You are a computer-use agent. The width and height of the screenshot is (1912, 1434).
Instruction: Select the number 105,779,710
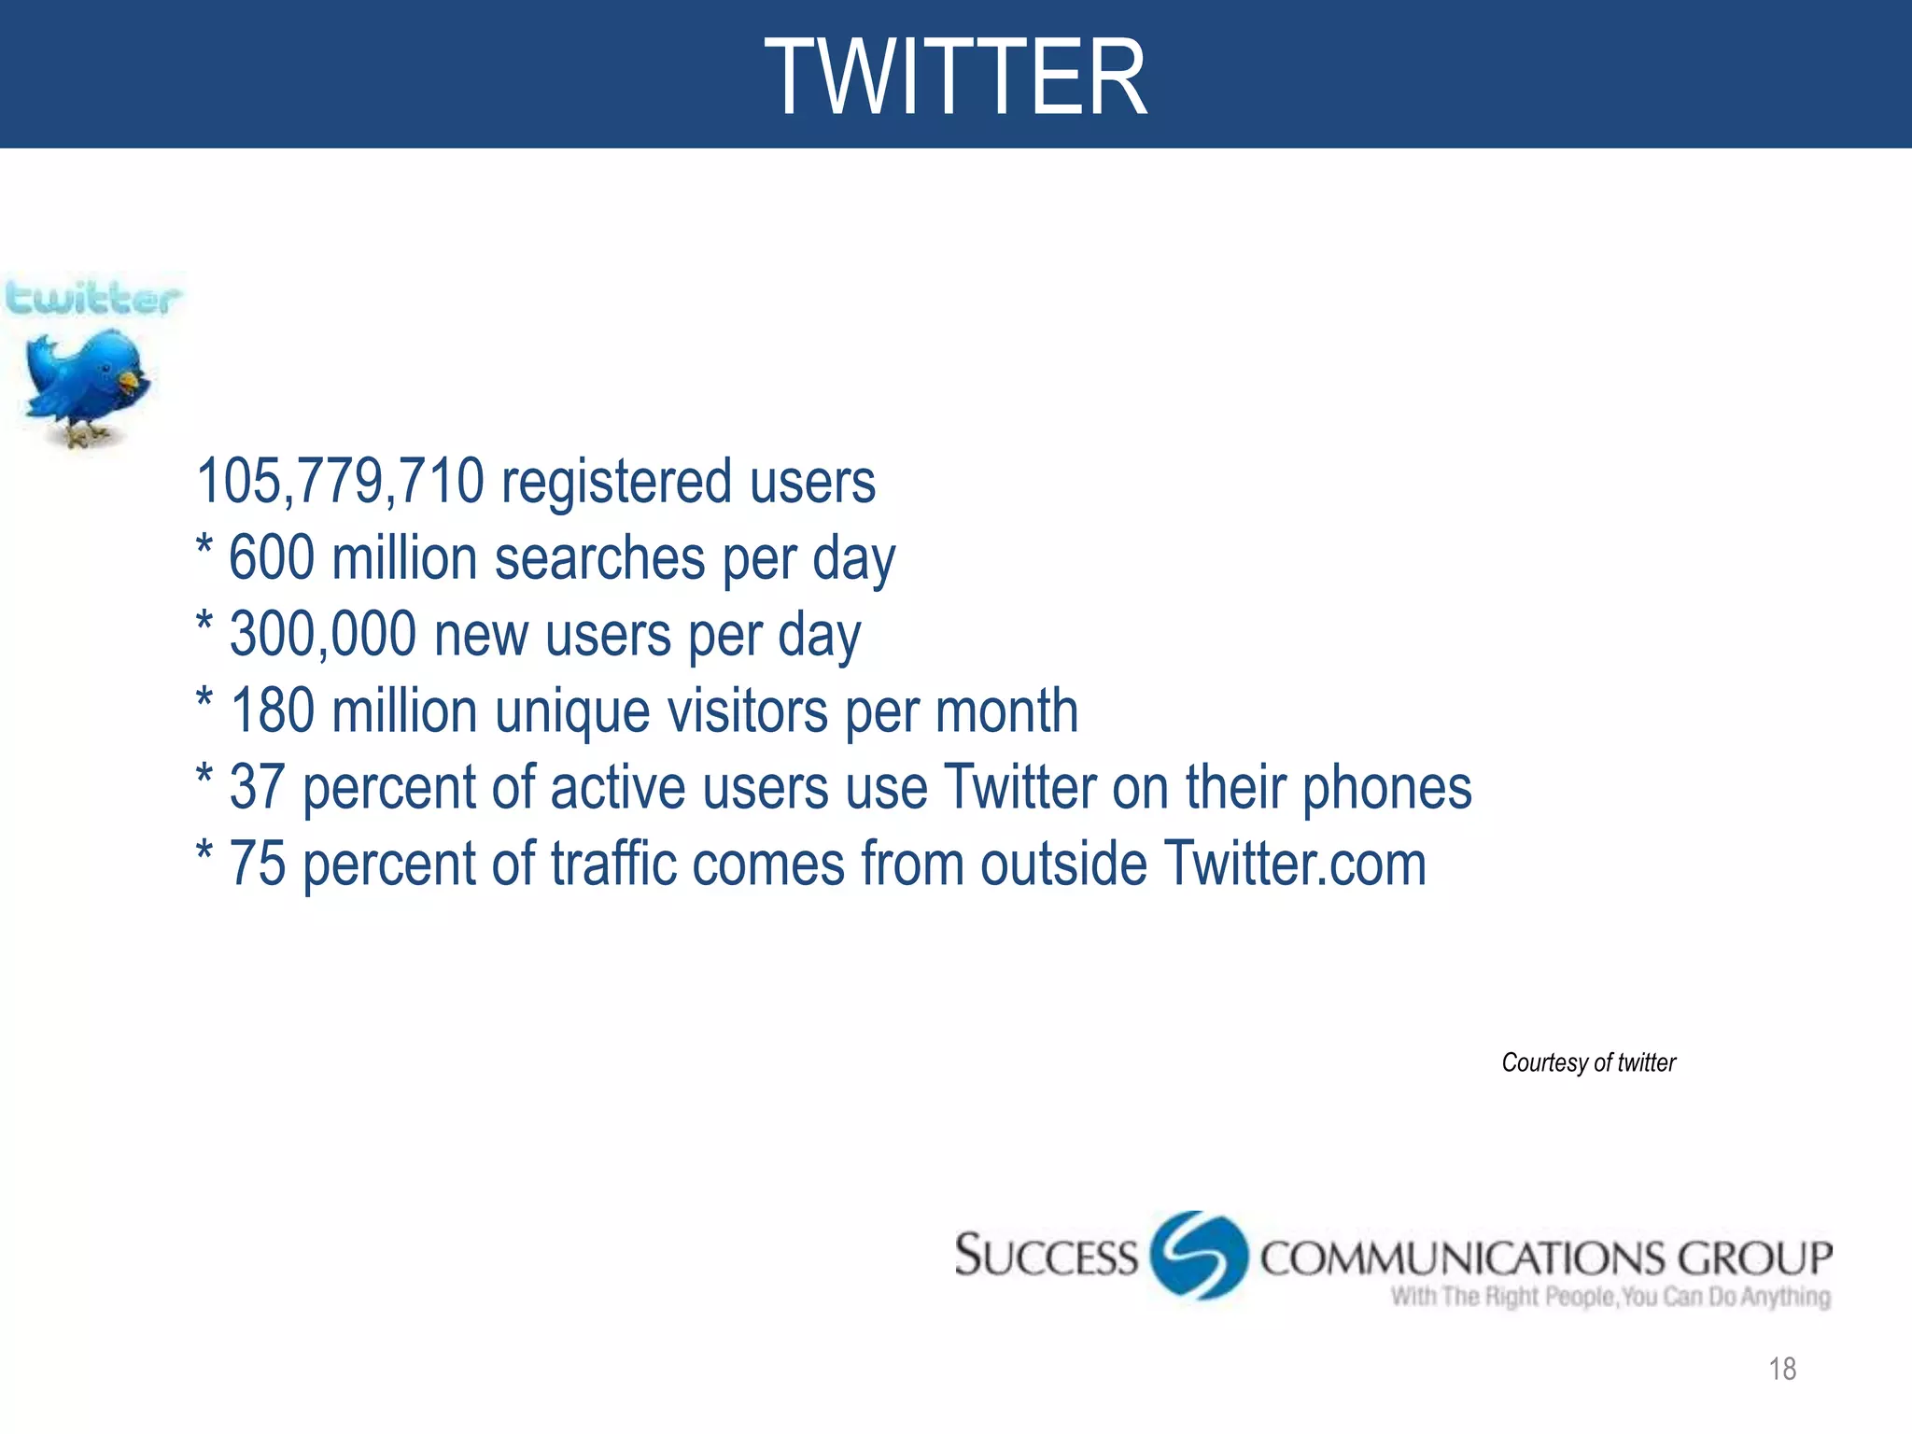341,482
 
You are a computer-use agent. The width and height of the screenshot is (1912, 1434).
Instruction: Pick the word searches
599,558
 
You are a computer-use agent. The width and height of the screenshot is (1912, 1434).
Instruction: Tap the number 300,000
323,635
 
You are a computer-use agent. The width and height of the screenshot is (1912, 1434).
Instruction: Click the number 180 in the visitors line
272,711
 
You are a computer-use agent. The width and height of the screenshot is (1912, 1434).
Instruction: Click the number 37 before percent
257,788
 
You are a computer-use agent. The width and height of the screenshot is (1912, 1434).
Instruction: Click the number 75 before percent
257,865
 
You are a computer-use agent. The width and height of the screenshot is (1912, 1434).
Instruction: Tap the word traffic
613,865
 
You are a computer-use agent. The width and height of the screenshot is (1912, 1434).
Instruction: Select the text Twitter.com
1295,865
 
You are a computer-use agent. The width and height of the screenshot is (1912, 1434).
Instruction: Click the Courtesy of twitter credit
1588,1062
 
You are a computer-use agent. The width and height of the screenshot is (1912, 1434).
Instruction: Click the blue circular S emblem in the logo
1199,1255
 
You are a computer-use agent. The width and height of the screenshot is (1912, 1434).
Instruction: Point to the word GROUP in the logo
1754,1258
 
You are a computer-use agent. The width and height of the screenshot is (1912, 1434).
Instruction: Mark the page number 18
1782,1369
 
